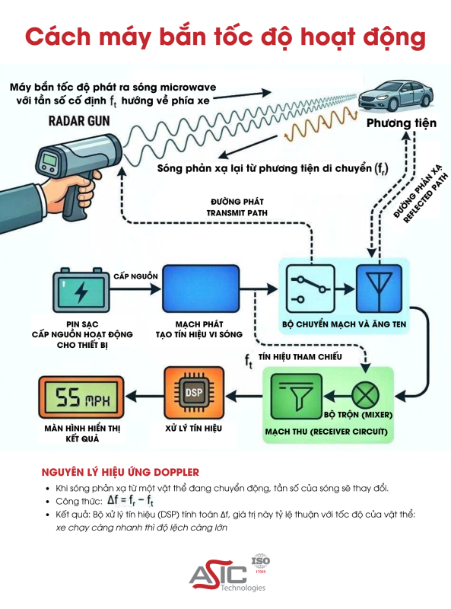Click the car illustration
pyautogui.click(x=395, y=98)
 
